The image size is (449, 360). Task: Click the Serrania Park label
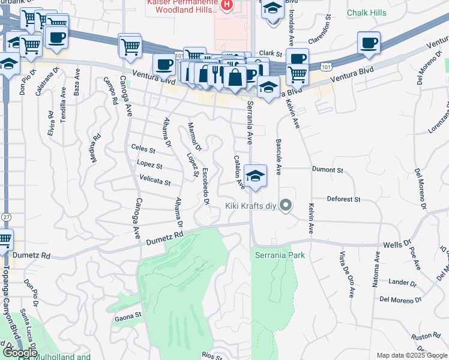coord(279,255)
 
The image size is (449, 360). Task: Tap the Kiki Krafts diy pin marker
coord(286,206)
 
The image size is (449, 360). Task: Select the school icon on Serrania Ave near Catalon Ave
coord(256,176)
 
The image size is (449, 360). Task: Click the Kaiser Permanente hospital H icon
coord(226,5)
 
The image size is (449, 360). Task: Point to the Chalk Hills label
coord(366,13)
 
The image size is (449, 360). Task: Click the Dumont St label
coord(327,170)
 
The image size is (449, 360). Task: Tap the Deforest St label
coord(343,199)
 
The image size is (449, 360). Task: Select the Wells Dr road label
coord(396,245)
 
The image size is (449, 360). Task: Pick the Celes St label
coord(143,148)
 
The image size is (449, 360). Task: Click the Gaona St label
coord(128,314)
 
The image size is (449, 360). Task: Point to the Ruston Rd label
coord(422,336)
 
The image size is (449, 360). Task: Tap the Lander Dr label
coord(399,281)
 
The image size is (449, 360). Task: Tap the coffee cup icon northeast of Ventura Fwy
coord(368,43)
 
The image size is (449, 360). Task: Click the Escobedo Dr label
coord(205,186)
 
